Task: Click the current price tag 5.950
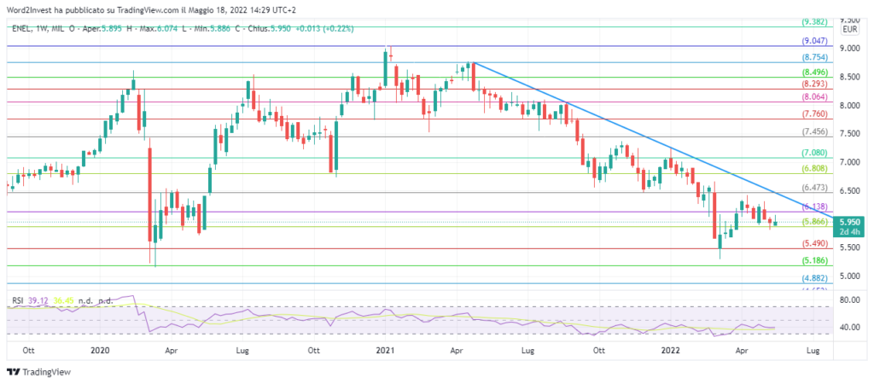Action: (x=853, y=221)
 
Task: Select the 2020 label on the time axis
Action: (x=100, y=351)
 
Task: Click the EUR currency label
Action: (x=850, y=29)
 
